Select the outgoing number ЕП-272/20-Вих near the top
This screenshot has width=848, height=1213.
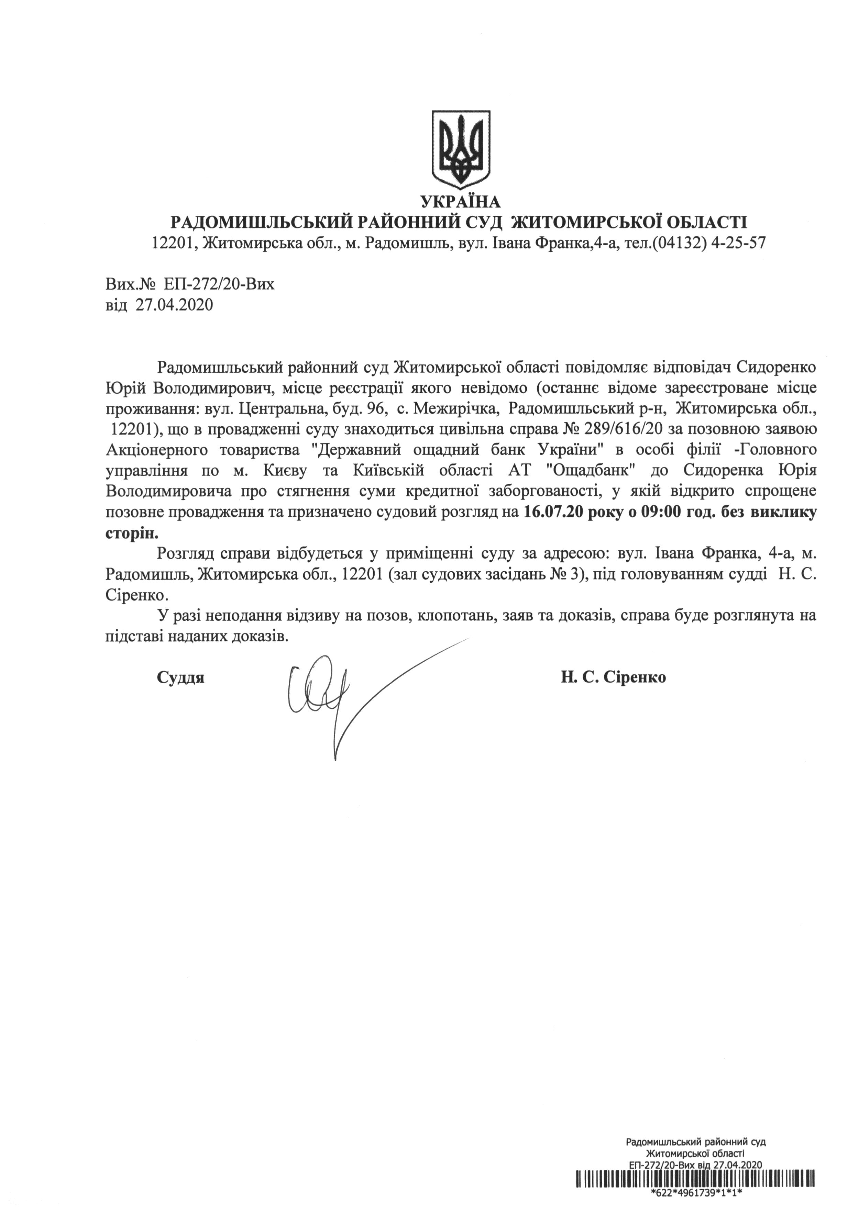point(219,285)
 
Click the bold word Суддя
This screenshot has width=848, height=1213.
point(180,678)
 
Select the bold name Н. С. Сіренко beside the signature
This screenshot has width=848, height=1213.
point(613,678)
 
